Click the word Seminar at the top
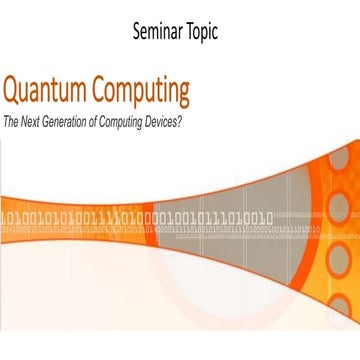pos(160,30)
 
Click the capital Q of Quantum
pos(13,92)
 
